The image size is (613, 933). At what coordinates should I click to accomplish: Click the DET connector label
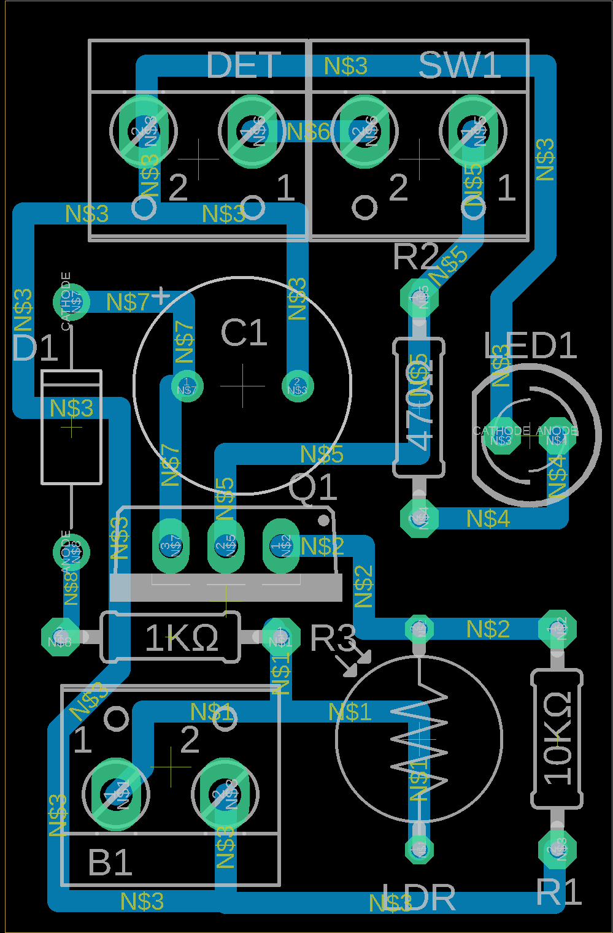(x=244, y=65)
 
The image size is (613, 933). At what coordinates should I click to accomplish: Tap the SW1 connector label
(x=460, y=65)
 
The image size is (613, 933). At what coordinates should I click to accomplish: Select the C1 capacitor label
(x=244, y=333)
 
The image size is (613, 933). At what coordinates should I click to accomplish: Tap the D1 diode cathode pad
(x=71, y=301)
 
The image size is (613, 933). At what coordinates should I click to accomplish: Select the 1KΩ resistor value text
(x=182, y=639)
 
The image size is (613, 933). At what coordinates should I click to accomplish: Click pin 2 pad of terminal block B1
(x=225, y=794)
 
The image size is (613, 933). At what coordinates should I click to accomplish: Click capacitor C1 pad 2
(x=298, y=386)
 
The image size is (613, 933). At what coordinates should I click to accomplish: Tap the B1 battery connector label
(x=110, y=863)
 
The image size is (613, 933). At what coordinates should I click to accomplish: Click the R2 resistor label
(x=415, y=256)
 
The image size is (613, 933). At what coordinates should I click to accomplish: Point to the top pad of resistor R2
(x=420, y=298)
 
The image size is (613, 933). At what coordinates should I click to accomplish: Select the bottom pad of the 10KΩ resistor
(x=557, y=850)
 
